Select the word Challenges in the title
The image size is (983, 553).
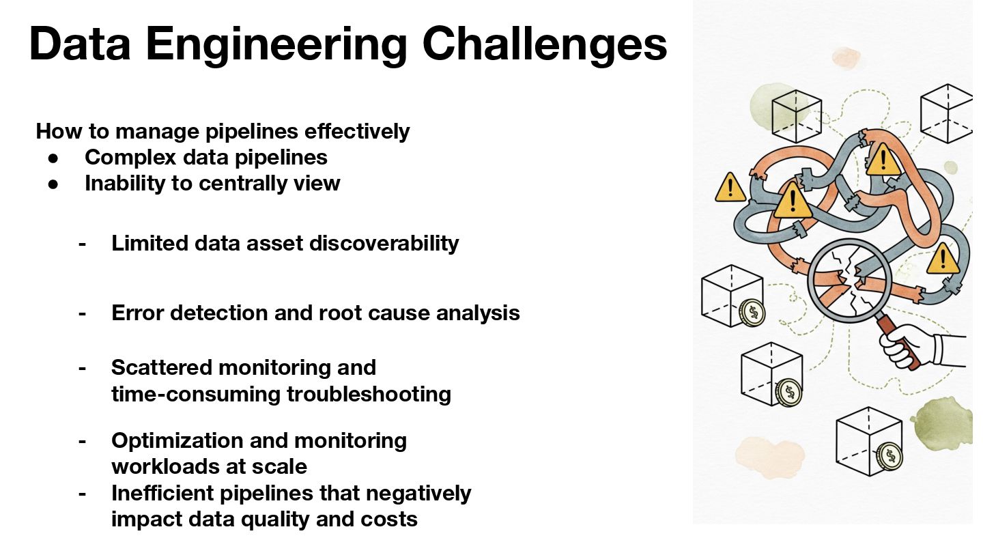[x=545, y=45]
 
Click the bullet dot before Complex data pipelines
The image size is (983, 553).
[x=55, y=158]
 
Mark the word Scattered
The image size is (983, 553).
[x=162, y=367]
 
